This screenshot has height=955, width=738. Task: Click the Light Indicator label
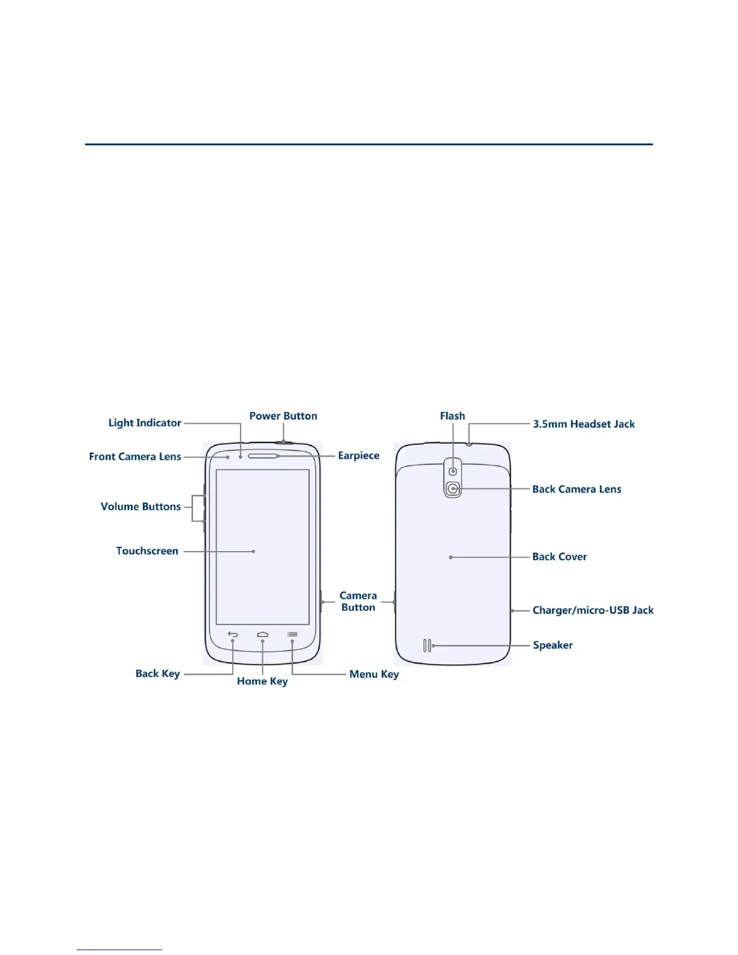coord(145,423)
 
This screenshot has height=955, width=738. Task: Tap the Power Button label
coord(283,416)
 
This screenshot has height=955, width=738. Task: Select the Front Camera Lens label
coord(135,456)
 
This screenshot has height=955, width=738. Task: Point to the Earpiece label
coord(359,456)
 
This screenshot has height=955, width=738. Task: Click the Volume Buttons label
coord(140,506)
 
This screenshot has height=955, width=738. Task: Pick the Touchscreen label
coord(147,551)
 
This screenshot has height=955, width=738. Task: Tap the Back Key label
coord(157,673)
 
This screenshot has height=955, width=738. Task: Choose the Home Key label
coord(262,681)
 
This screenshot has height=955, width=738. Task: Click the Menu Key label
coord(374,674)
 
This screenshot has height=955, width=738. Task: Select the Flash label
coord(452,416)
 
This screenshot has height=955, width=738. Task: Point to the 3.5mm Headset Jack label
coord(584,424)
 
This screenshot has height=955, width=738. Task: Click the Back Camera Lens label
coord(576,489)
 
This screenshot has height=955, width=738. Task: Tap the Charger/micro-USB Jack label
coord(593,610)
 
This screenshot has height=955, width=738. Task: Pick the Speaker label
coord(552,645)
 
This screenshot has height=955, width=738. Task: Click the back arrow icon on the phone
coord(233,634)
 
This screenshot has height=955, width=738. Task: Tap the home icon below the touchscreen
coord(262,634)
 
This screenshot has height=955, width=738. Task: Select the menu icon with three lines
coord(292,634)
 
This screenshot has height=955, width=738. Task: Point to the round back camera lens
coord(453,489)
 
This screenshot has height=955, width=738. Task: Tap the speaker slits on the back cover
coord(427,646)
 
